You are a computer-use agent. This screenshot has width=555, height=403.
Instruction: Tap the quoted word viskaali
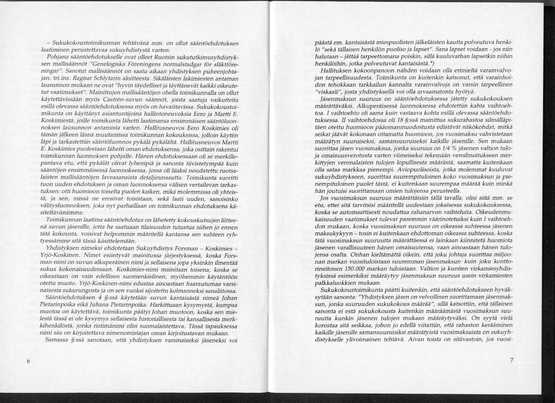point(329,92)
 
